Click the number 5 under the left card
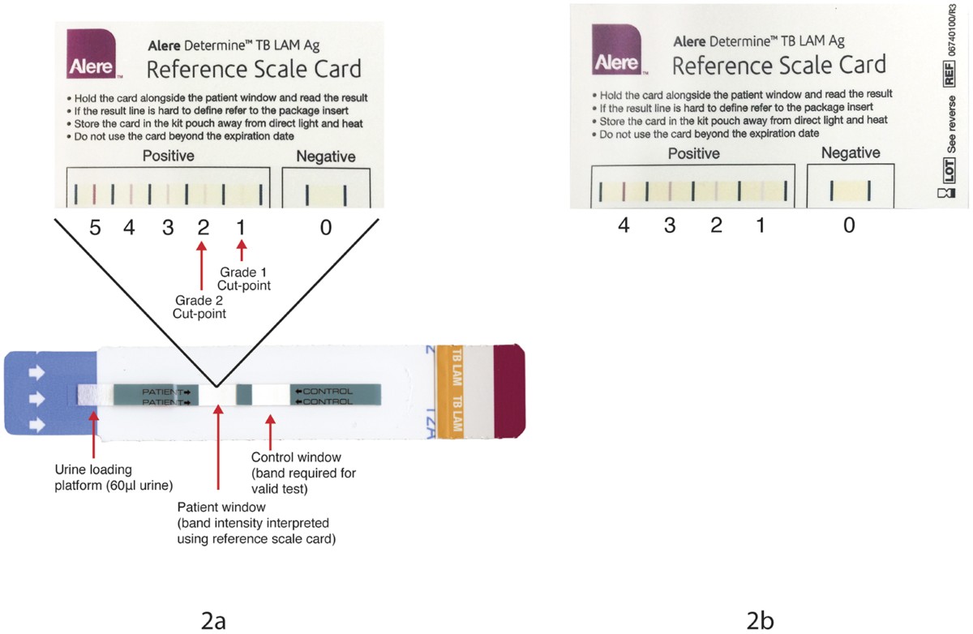click(95, 229)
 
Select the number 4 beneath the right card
click(624, 226)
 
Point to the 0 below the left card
click(325, 229)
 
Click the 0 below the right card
click(849, 226)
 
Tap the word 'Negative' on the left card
click(325, 156)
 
